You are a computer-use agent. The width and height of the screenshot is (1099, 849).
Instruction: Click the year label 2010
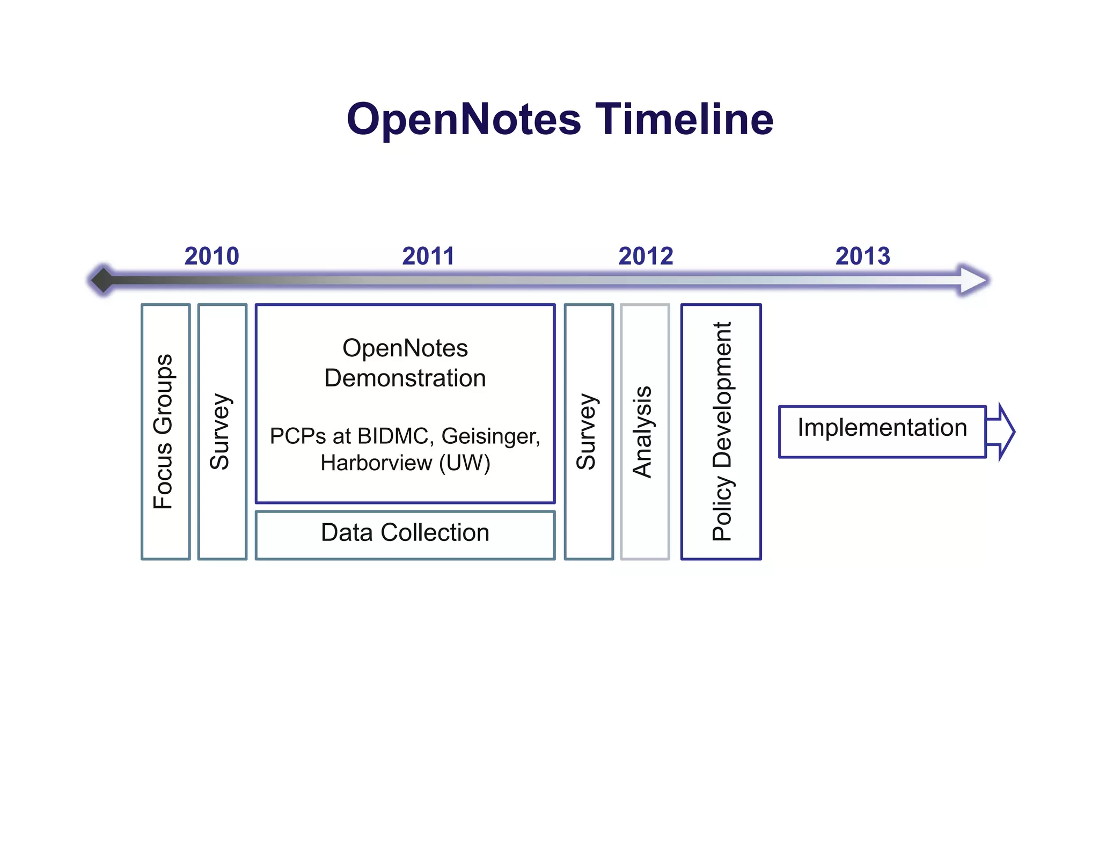211,256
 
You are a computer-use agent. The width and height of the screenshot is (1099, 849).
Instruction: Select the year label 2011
428,256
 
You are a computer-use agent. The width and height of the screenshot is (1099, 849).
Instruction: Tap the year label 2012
645,256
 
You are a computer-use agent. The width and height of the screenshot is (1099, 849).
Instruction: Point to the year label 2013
862,256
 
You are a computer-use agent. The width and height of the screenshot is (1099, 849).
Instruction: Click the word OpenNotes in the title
464,119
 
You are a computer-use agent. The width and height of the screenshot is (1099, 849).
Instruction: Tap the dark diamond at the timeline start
102,280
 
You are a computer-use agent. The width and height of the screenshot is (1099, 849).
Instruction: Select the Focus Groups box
165,431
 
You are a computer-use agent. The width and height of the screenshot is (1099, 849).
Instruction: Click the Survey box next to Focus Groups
222,431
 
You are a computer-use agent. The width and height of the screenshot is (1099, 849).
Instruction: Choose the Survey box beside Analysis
588,431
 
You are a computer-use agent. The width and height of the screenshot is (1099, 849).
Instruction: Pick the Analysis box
644,431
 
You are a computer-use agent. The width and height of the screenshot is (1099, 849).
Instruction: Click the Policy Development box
721,431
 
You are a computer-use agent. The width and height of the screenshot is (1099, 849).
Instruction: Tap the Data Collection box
405,533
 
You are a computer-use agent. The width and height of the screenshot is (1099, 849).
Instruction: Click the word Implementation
882,428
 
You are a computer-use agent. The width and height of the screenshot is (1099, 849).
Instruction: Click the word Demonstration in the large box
405,378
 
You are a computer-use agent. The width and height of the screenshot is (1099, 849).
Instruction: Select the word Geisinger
490,436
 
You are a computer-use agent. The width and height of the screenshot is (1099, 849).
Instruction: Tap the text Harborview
376,463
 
